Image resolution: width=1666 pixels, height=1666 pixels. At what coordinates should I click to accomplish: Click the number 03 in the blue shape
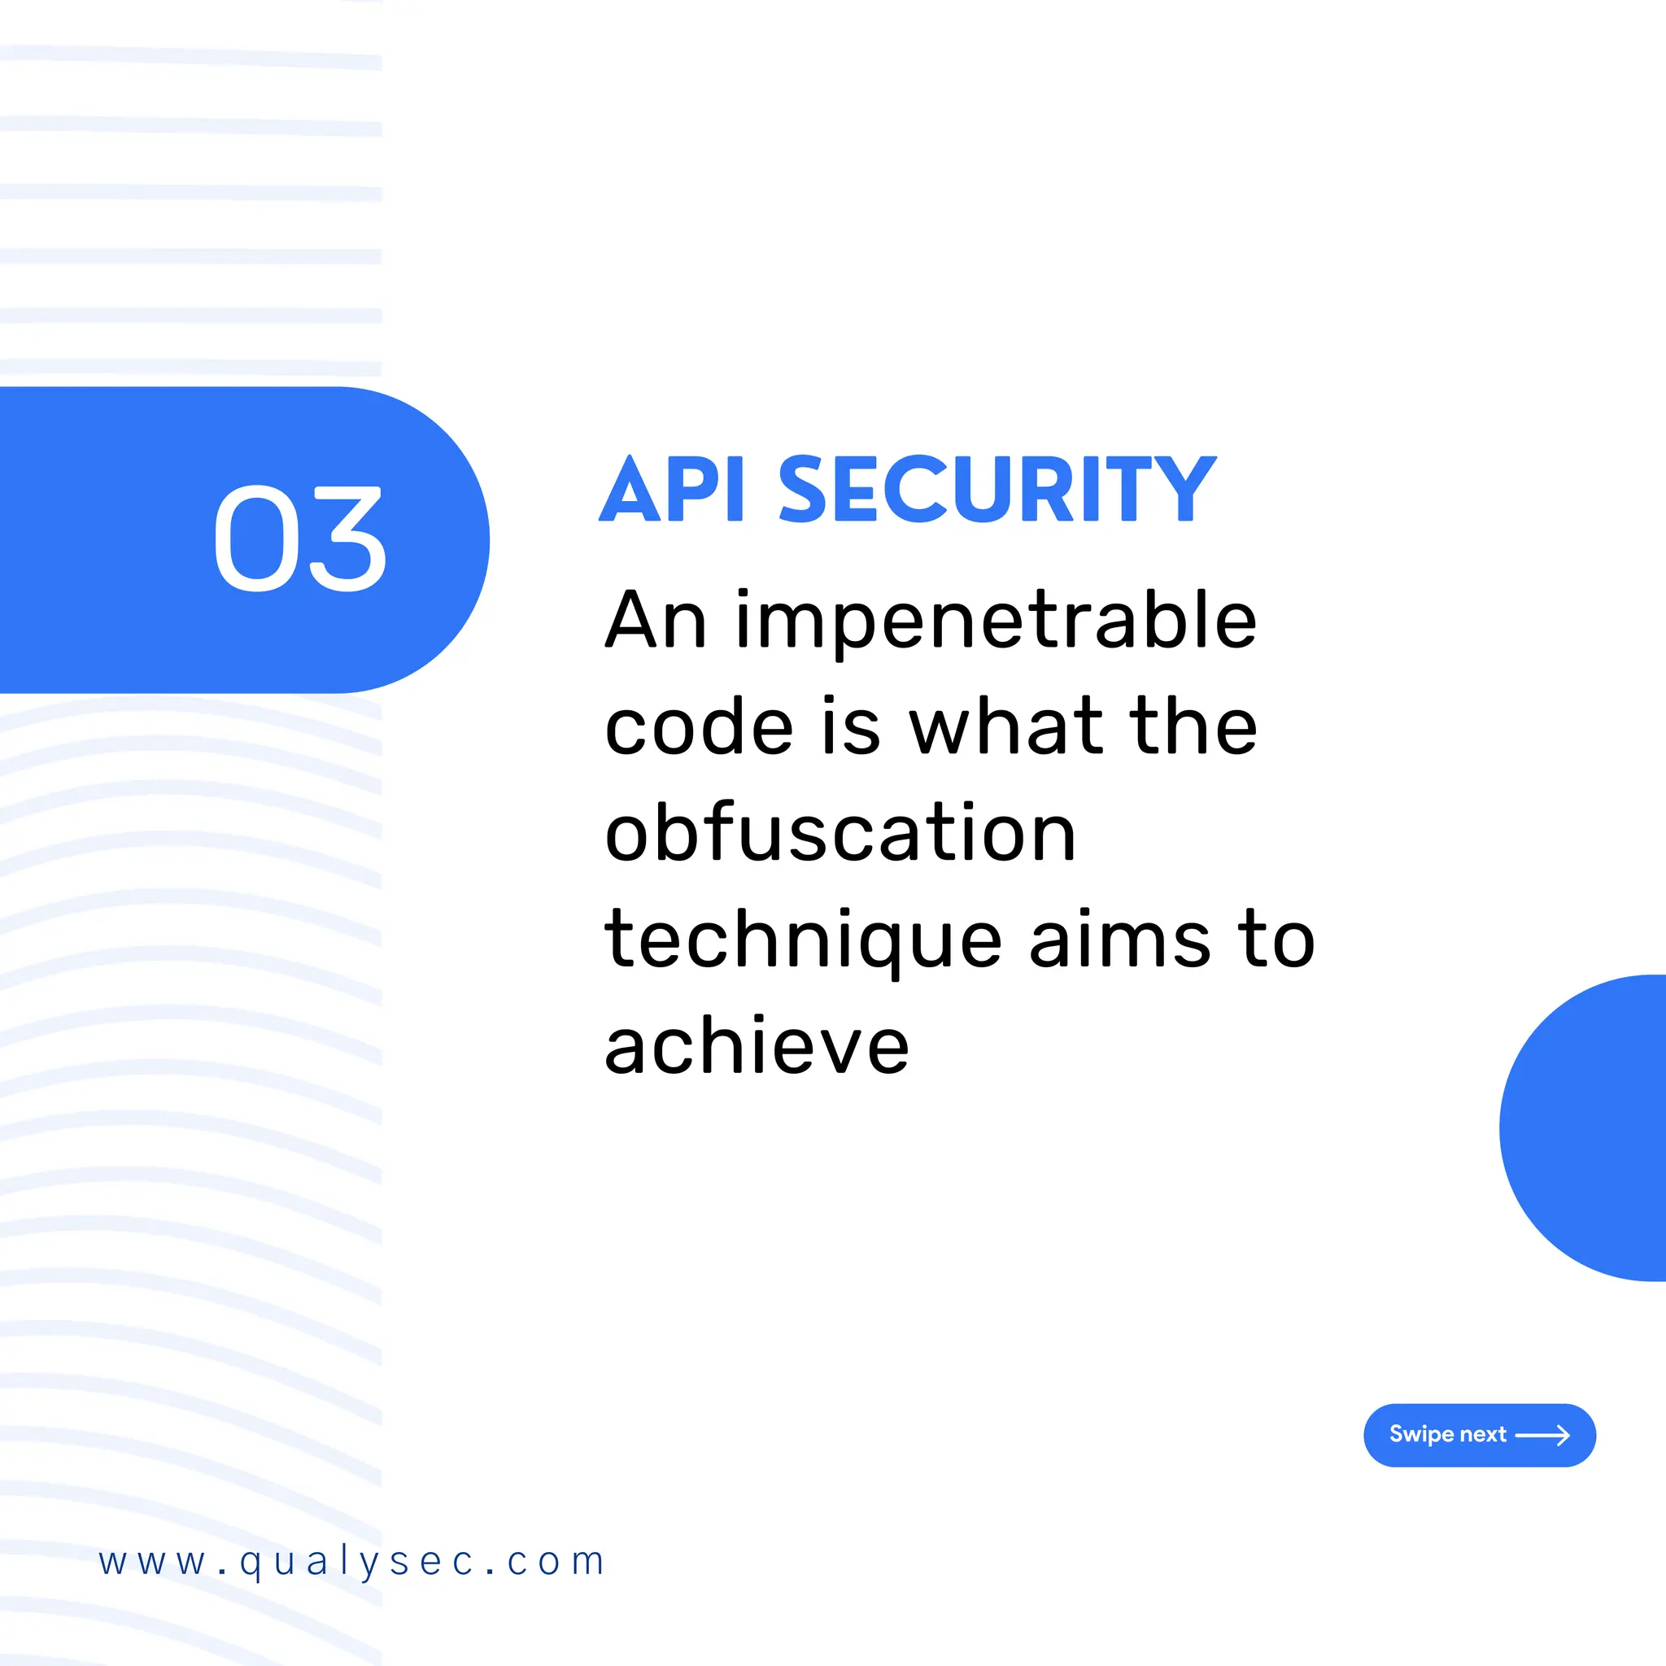point(299,539)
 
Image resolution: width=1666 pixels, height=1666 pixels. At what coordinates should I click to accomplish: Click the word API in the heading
point(672,490)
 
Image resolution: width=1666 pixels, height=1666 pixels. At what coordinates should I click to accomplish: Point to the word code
point(700,727)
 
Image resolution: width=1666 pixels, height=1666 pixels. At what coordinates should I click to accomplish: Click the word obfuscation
point(841,833)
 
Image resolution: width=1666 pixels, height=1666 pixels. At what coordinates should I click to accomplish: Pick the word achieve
point(757,1046)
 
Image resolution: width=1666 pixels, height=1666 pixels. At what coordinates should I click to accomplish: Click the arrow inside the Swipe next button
point(1542,1435)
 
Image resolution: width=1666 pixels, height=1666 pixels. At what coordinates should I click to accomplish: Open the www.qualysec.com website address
point(351,1562)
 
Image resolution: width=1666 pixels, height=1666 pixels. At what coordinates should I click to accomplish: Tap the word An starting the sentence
point(656,621)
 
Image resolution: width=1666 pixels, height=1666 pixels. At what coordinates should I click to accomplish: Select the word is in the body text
point(850,727)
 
